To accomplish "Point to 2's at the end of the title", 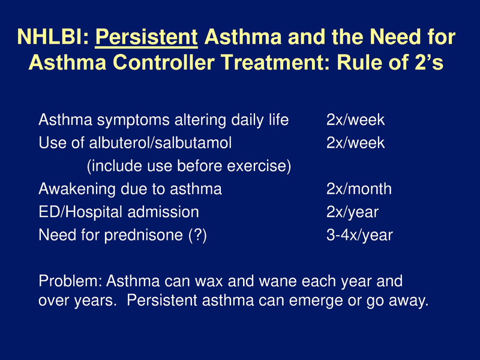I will (x=428, y=62).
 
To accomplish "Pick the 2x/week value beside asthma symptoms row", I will (x=355, y=120).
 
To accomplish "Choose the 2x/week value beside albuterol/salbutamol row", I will (x=355, y=143).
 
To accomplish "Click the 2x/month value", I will (x=359, y=189).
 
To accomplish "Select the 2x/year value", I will (x=352, y=212).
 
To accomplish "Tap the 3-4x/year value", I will (x=359, y=235).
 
